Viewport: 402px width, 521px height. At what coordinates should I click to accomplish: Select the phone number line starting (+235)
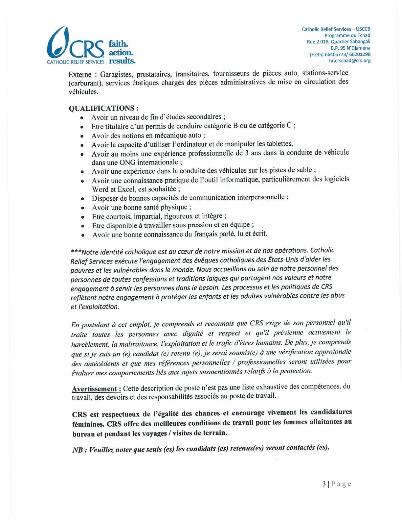click(x=340, y=54)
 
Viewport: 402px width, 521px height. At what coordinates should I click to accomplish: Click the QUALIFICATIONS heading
click(x=103, y=108)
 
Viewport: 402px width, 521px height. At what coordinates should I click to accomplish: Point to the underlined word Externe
click(x=80, y=75)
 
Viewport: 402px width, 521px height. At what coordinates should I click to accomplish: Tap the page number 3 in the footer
click(x=324, y=484)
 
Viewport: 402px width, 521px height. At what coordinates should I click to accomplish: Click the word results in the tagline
click(x=122, y=61)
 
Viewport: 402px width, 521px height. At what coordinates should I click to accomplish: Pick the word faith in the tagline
click(x=118, y=44)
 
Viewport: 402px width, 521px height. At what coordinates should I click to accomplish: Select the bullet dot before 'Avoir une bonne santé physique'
click(x=82, y=208)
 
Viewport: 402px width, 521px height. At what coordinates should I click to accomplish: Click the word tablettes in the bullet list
click(x=279, y=144)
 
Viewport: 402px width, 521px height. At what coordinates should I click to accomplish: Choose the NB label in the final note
click(x=78, y=450)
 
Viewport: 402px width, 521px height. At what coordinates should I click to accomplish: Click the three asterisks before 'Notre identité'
click(x=76, y=252)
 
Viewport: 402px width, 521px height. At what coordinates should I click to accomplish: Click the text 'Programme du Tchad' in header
click(x=347, y=36)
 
